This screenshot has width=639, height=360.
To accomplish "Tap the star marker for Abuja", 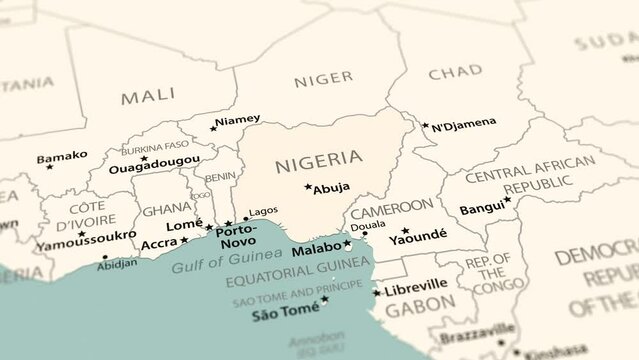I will (308, 186).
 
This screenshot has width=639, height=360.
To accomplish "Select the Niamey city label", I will (238, 120).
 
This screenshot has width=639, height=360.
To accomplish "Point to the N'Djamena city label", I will (463, 123).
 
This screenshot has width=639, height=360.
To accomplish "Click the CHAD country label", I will (455, 73).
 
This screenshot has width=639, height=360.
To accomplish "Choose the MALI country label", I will (148, 97).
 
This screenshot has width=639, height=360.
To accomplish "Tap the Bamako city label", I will (62, 156).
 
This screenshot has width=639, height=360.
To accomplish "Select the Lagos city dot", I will (246, 218).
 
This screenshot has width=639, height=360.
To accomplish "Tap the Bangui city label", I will (481, 209).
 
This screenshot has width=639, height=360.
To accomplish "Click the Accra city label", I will (160, 243).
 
